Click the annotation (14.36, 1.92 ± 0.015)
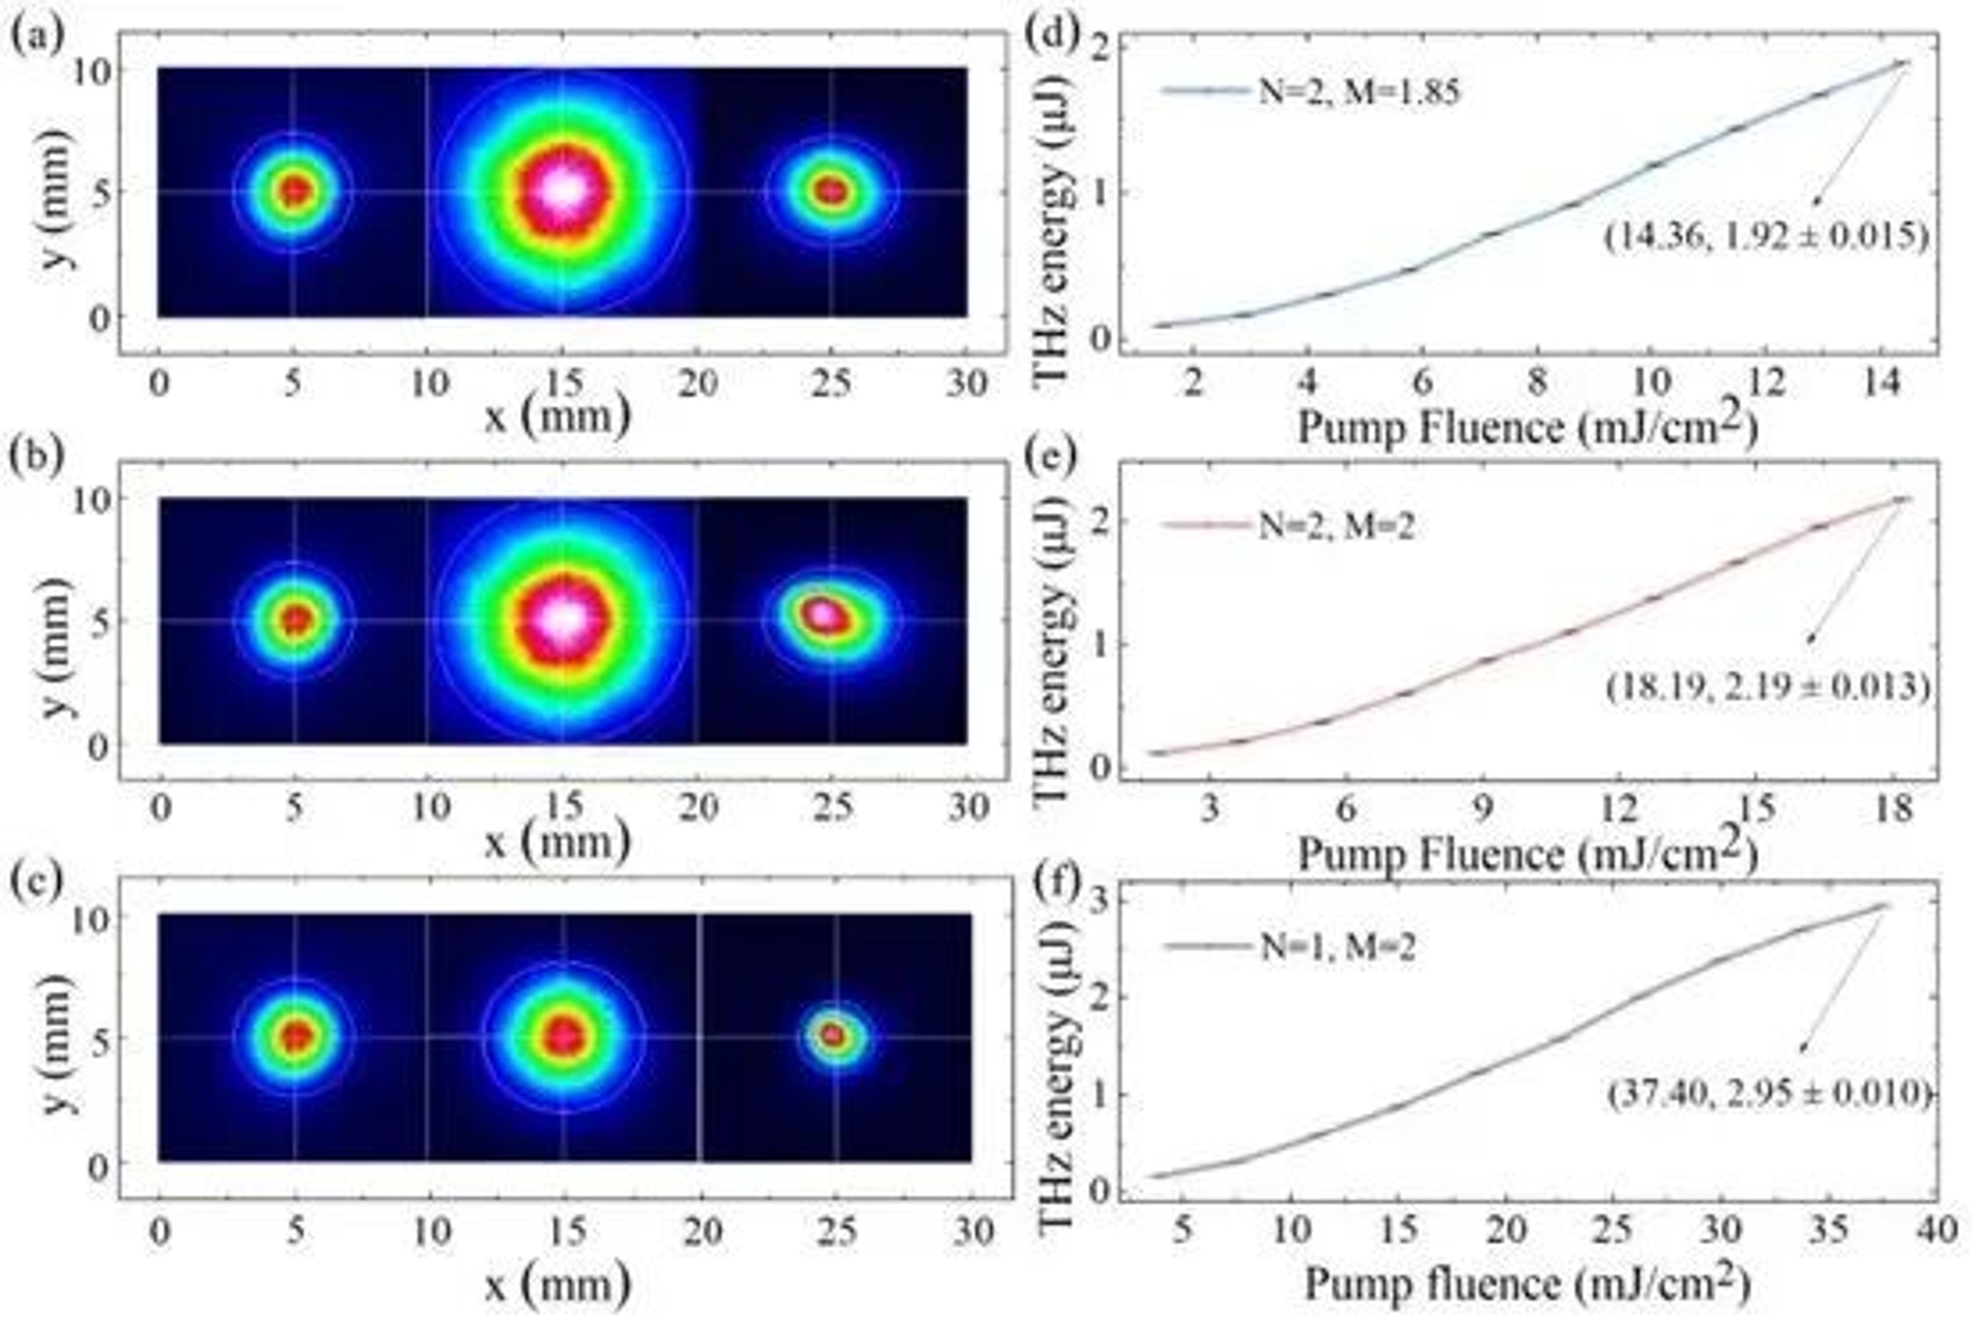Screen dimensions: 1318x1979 pos(1766,237)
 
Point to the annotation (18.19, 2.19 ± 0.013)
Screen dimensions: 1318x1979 pos(1766,688)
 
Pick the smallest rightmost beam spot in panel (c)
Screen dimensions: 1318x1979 pos(834,1036)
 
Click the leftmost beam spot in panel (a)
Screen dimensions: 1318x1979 pos(293,191)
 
